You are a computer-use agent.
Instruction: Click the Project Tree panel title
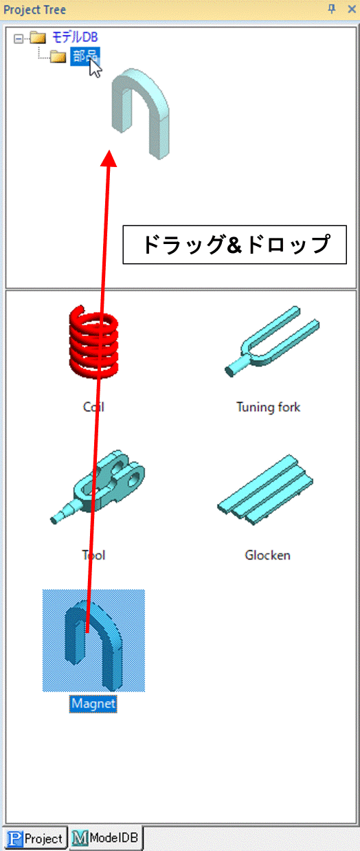click(x=34, y=10)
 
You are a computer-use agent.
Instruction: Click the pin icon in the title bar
click(x=332, y=9)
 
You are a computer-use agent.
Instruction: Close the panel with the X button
click(x=352, y=9)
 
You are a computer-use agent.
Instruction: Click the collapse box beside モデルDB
click(x=19, y=38)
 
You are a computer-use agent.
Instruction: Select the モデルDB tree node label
click(x=75, y=37)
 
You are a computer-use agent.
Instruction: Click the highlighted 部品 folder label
click(x=85, y=56)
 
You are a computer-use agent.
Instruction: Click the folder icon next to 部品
click(x=58, y=56)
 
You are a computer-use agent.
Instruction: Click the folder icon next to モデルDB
click(x=38, y=38)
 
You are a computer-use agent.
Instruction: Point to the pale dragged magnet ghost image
click(x=141, y=113)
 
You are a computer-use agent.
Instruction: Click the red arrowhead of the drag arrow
click(x=109, y=158)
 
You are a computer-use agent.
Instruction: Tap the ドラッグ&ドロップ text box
click(x=235, y=245)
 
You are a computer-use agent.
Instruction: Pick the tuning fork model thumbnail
click(x=272, y=341)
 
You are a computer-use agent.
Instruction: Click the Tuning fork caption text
click(x=269, y=407)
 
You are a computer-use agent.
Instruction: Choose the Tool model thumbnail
click(x=98, y=487)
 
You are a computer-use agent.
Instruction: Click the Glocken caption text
click(x=268, y=555)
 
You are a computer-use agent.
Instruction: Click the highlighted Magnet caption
click(x=93, y=704)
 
